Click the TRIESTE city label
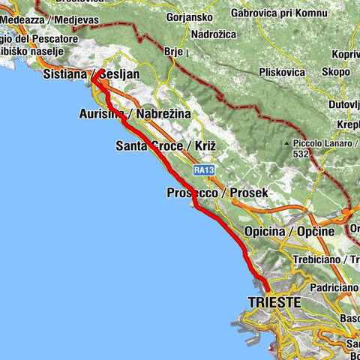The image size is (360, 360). [x=273, y=302]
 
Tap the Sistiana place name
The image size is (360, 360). [x=66, y=76]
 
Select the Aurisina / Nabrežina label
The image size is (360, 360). [x=134, y=113]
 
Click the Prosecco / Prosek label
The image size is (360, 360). [x=217, y=193]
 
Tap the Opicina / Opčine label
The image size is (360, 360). [x=289, y=231]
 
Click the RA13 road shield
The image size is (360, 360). [x=203, y=170]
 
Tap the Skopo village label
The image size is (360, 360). [x=338, y=71]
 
